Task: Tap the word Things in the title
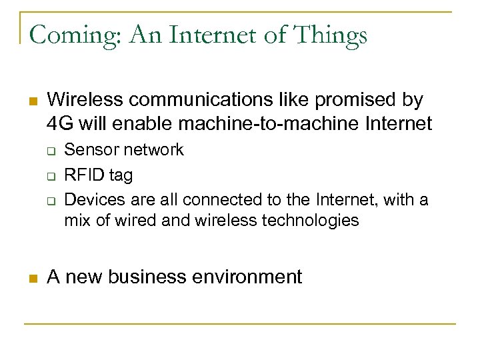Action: [x=333, y=35]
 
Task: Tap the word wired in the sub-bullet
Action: [x=131, y=221]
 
